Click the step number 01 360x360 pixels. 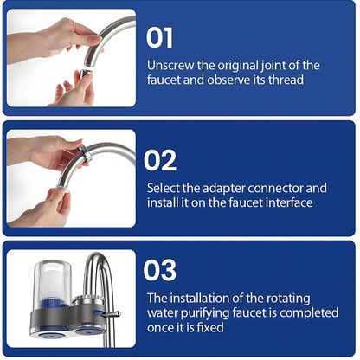click(159, 37)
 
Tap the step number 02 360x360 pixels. click(160, 160)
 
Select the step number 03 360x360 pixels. click(160, 270)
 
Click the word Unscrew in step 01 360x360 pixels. click(170, 66)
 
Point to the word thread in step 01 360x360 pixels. click(286, 80)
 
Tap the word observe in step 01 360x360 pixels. click(228, 80)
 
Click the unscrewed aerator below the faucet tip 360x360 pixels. click(86, 73)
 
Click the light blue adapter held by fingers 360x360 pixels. click(61, 188)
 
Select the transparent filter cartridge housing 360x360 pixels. click(52, 284)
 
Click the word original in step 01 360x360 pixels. click(238, 66)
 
